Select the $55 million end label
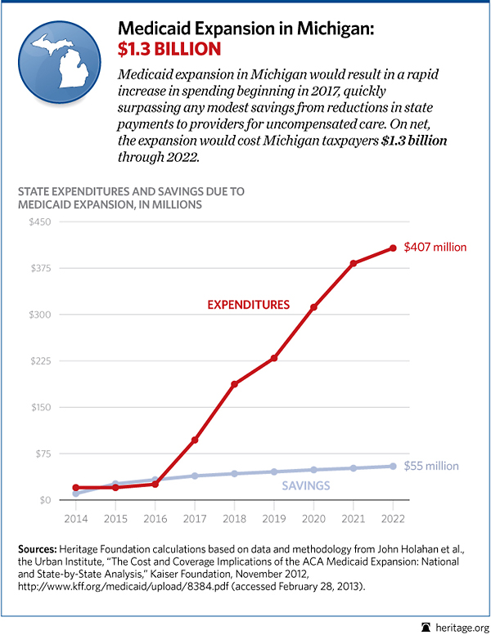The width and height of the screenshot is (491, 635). [431, 466]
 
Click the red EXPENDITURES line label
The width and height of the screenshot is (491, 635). [249, 305]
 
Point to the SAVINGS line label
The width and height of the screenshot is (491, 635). [307, 485]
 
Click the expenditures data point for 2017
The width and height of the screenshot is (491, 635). [195, 440]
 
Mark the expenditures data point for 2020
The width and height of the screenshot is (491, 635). [313, 306]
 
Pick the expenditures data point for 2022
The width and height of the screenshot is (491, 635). [393, 248]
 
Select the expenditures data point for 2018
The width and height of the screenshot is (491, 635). [234, 384]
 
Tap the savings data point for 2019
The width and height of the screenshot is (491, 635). [274, 472]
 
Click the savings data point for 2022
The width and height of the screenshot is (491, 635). [393, 466]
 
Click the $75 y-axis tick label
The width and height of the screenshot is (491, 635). [40, 454]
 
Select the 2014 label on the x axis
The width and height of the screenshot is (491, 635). [75, 519]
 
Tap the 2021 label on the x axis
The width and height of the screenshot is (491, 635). [353, 519]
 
